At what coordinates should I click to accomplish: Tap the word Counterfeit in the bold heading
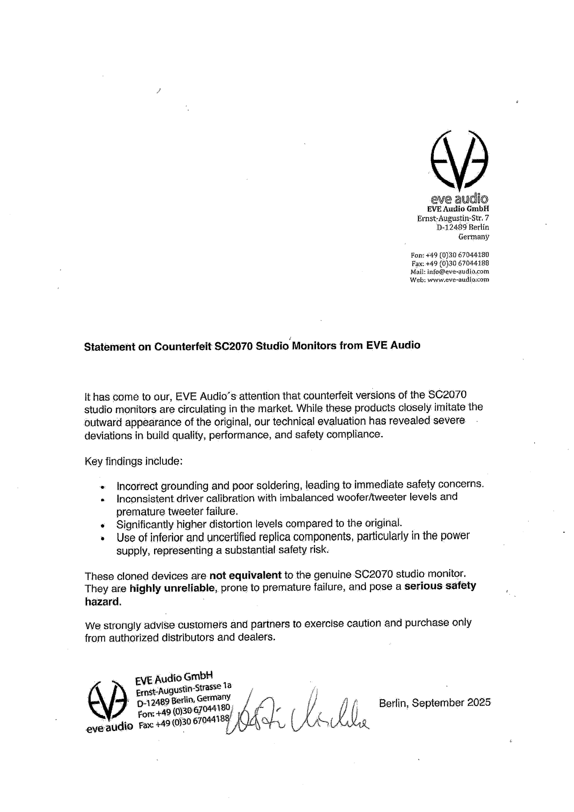point(183,346)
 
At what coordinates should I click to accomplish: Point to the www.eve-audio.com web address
point(458,280)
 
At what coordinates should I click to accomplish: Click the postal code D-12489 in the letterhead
point(452,228)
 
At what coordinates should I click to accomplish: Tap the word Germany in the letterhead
point(473,237)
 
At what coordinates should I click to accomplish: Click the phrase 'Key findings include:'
point(133,462)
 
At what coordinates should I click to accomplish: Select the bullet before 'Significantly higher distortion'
point(103,525)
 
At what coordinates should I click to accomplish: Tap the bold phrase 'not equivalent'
point(245,575)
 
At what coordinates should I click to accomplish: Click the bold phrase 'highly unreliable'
point(173,588)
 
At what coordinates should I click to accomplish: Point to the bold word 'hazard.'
point(103,602)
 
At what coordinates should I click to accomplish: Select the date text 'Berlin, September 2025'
point(434,703)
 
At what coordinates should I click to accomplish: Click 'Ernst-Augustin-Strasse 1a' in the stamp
point(183,689)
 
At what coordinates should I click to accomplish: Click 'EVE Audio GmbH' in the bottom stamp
point(174,677)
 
